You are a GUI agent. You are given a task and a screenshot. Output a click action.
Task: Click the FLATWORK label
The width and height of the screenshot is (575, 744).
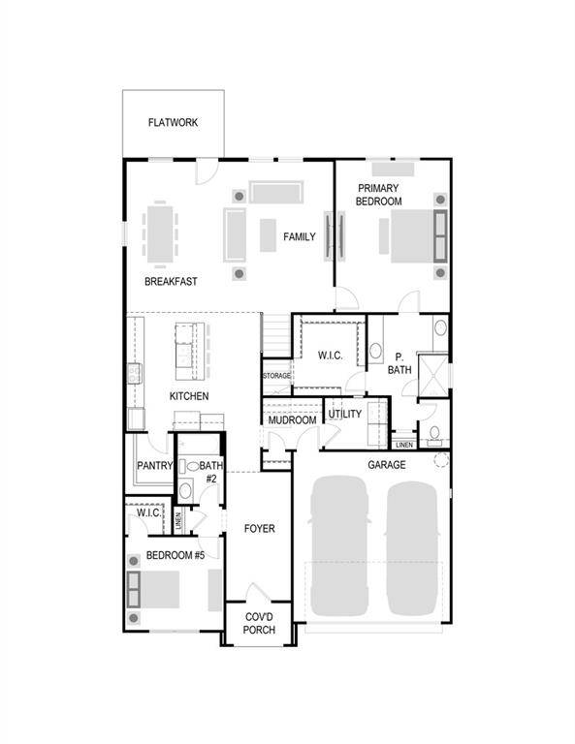173,122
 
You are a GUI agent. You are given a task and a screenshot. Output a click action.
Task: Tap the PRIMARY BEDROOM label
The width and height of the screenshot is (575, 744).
378,195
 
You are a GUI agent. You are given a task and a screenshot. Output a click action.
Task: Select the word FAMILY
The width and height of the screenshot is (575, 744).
299,236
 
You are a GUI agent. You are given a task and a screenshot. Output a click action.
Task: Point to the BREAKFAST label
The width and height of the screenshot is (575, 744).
171,281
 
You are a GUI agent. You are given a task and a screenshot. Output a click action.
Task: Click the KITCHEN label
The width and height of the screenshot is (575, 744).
189,396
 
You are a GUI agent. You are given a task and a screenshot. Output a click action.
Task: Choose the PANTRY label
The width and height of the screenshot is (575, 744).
155,465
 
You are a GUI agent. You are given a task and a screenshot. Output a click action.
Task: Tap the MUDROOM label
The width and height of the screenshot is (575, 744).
292,420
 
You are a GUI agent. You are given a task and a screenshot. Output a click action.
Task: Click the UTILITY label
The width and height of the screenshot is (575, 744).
345,414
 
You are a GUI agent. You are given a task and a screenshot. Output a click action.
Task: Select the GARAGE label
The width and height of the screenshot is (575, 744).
387,465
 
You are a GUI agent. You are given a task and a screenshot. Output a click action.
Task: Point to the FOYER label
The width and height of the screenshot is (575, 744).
259,528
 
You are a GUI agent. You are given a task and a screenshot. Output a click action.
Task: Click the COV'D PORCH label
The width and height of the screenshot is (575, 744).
259,624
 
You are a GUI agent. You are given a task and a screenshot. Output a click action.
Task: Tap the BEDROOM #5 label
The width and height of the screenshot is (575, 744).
176,555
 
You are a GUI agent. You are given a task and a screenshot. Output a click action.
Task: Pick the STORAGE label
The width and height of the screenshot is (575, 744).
276,376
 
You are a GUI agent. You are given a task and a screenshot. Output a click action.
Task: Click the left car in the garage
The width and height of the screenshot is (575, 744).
339,545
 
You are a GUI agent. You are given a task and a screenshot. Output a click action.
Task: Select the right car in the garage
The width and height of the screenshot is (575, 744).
412,548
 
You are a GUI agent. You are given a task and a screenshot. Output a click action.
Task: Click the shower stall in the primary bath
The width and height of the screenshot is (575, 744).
433,375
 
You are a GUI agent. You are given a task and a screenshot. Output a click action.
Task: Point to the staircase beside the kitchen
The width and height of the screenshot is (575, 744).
276,335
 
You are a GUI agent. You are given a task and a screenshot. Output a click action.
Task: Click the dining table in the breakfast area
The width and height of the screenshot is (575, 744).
160,233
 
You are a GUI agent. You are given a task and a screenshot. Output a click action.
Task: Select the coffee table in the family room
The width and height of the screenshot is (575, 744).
268,234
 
